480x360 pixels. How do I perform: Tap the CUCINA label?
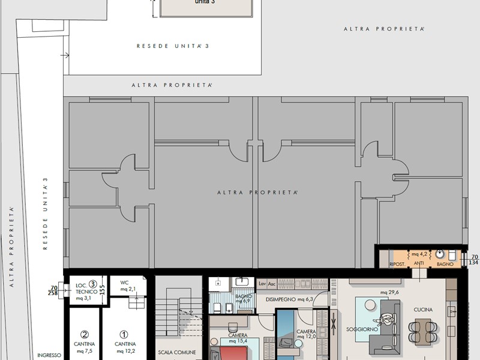tap(423, 310)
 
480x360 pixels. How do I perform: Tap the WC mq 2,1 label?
tap(124, 286)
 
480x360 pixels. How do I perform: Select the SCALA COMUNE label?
tap(177, 352)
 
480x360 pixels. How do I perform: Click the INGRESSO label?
tap(49, 355)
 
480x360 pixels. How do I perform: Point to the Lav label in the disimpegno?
tap(262, 284)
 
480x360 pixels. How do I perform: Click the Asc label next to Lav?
tap(272, 284)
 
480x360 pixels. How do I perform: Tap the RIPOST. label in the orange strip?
tap(398, 264)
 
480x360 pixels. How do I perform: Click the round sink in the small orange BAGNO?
tap(440, 254)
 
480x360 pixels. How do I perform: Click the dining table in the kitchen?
tap(423, 328)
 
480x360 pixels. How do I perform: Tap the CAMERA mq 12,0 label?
tap(306, 334)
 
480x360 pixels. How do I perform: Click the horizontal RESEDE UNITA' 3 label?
tap(164, 46)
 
